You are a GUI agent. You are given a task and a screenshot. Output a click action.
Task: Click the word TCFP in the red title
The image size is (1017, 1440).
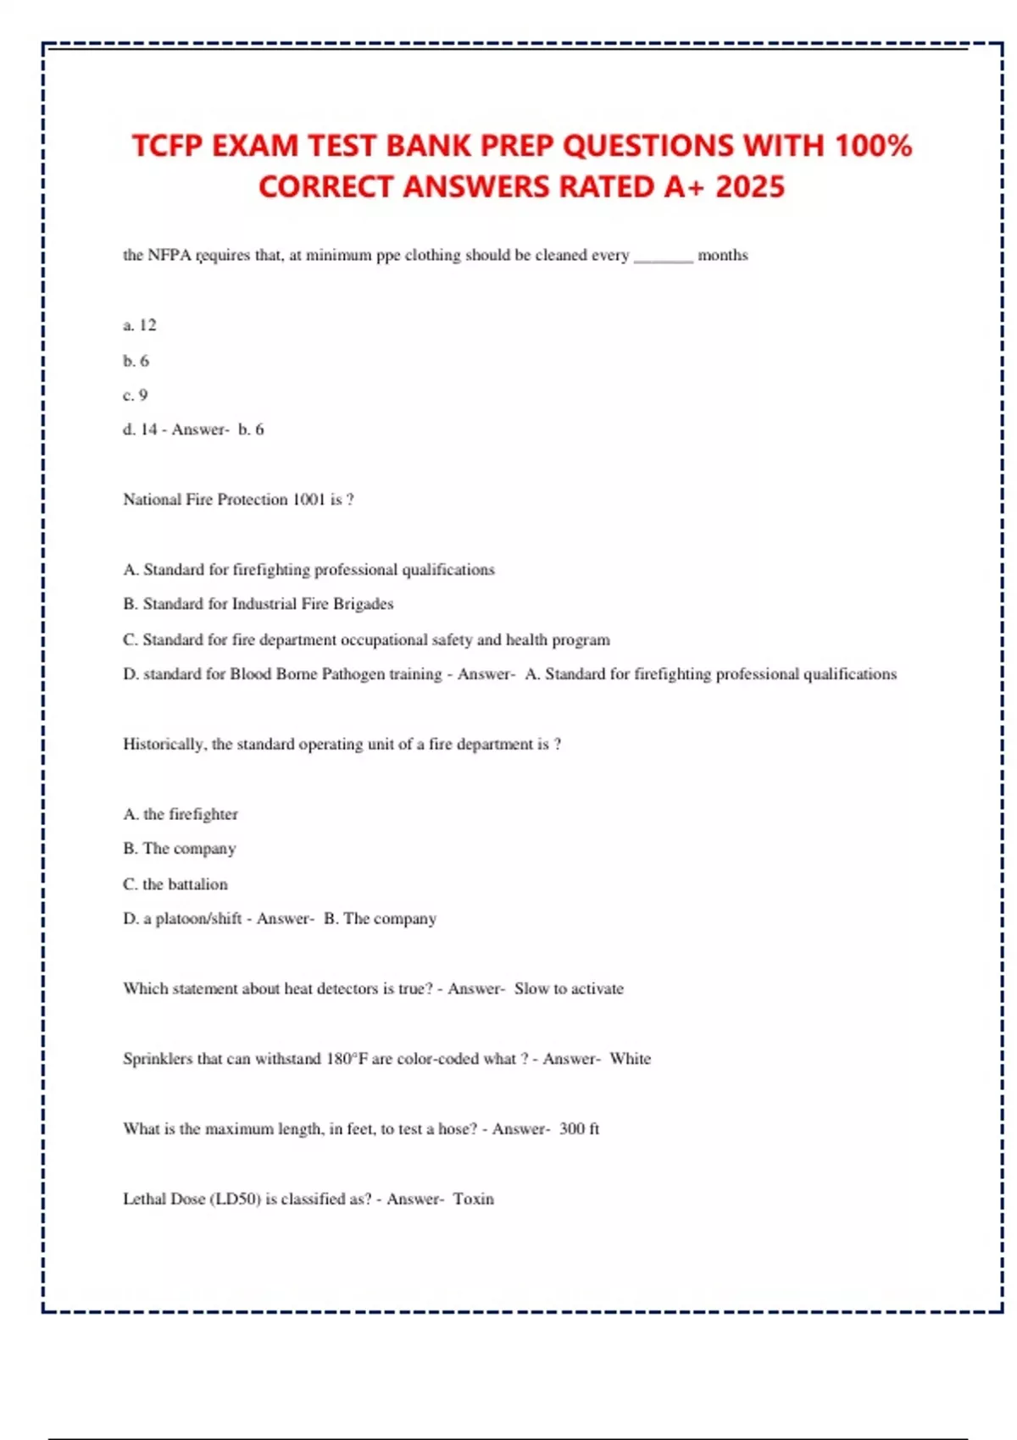point(167,146)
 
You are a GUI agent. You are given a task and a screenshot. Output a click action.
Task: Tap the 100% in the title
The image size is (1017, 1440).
point(873,146)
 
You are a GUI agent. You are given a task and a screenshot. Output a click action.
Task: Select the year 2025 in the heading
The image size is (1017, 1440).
point(750,186)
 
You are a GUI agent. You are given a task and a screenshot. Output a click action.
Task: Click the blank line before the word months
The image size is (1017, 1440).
point(663,257)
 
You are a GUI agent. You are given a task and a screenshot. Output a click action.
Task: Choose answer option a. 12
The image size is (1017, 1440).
point(140,325)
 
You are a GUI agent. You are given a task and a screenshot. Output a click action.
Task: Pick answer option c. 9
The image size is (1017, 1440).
point(136,396)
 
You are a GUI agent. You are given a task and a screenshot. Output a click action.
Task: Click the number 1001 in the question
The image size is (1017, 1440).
point(308,500)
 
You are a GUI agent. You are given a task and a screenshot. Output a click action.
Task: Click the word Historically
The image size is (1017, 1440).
point(164,745)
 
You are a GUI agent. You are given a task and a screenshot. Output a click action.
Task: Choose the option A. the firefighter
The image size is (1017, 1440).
point(181,814)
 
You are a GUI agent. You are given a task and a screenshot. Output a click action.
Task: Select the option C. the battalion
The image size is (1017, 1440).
point(175,884)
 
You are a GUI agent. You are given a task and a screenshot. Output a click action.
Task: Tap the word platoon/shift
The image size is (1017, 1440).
point(198,919)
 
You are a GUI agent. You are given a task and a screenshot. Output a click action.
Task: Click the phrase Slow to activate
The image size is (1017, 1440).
point(569,989)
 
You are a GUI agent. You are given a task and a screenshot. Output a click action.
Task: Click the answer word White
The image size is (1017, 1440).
point(631,1059)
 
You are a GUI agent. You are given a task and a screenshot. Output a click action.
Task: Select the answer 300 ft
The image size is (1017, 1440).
point(580,1129)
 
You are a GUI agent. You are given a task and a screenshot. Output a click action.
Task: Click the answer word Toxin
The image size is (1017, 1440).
point(473,1199)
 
